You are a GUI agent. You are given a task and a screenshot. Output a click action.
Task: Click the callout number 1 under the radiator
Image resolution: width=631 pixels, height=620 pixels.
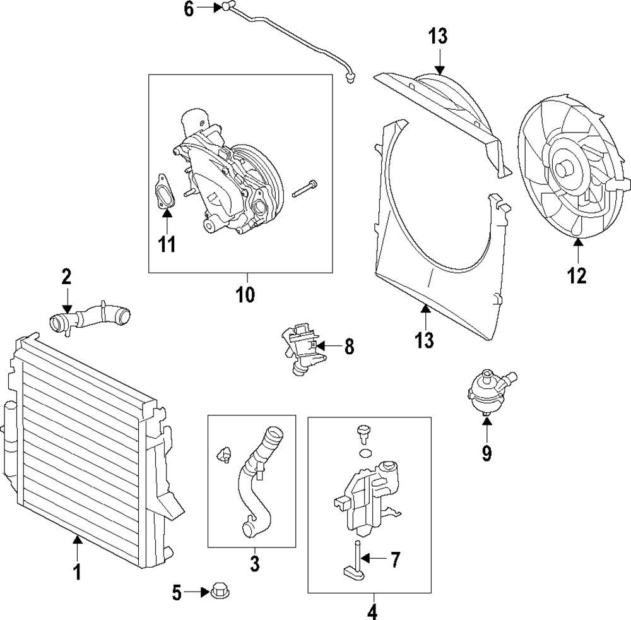coord(77,572)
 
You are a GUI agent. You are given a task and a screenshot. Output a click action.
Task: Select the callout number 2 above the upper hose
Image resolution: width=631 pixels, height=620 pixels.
coord(66,277)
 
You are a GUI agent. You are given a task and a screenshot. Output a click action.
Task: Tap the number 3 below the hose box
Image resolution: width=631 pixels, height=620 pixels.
coord(254,563)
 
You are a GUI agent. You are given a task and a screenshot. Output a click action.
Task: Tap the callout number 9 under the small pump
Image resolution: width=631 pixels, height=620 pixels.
coord(487,453)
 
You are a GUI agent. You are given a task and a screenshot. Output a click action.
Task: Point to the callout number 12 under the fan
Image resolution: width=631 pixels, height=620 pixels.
coord(576,275)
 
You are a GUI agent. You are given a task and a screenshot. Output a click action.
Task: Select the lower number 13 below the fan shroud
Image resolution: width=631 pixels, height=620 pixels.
coord(425,341)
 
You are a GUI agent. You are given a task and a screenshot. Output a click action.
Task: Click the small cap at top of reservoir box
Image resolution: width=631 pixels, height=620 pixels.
coord(362,433)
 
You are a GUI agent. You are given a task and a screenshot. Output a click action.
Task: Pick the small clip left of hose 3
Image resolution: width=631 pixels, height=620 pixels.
coord(223,453)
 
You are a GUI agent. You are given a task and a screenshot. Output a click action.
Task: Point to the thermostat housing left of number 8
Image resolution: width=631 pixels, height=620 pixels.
coord(302,347)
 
